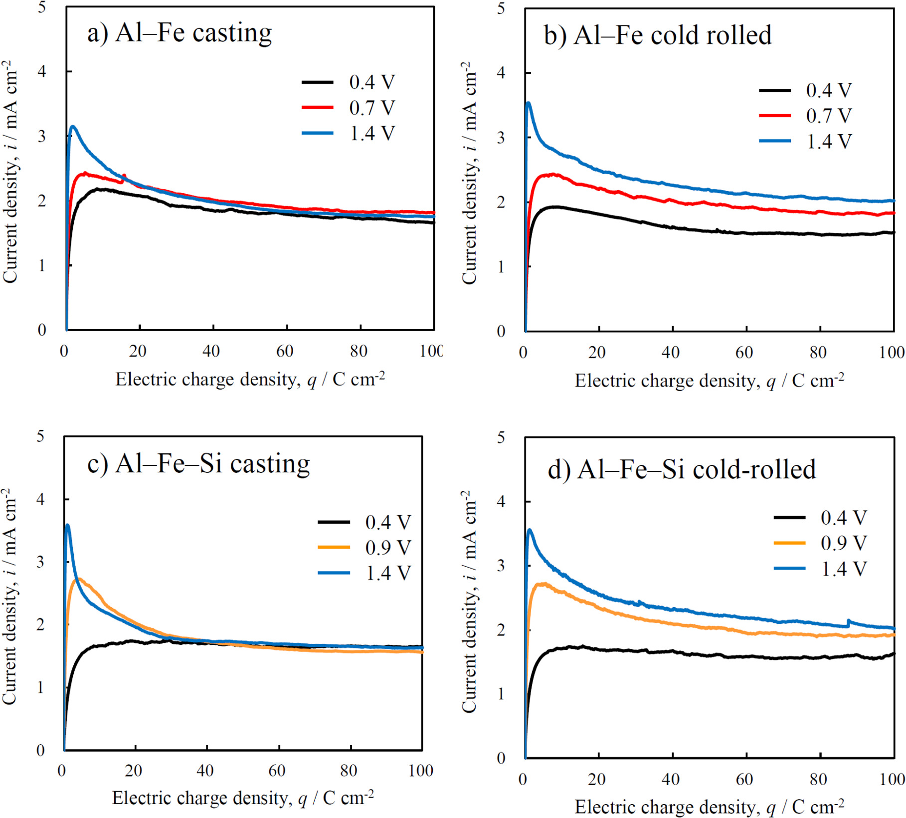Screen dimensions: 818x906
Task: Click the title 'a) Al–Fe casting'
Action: pos(180,33)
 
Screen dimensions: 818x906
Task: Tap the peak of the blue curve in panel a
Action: pos(73,127)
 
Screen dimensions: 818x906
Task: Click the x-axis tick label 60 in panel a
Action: pos(285,351)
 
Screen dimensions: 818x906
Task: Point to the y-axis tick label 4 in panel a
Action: pos(42,71)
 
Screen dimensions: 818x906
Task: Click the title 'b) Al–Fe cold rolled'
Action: pos(657,35)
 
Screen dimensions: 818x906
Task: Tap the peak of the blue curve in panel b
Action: pos(529,103)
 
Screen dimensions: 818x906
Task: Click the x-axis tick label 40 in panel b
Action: pos(670,353)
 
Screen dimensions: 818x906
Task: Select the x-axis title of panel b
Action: pos(709,381)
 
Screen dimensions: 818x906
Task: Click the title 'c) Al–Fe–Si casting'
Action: pos(198,464)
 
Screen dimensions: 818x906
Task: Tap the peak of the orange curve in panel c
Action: pos(78,579)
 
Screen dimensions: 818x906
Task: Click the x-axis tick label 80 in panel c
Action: pos(349,771)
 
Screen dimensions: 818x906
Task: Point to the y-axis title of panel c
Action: pos(10,596)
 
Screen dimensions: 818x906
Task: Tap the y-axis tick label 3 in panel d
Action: pos(501,566)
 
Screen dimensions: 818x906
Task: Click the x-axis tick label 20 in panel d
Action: pos(596,779)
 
